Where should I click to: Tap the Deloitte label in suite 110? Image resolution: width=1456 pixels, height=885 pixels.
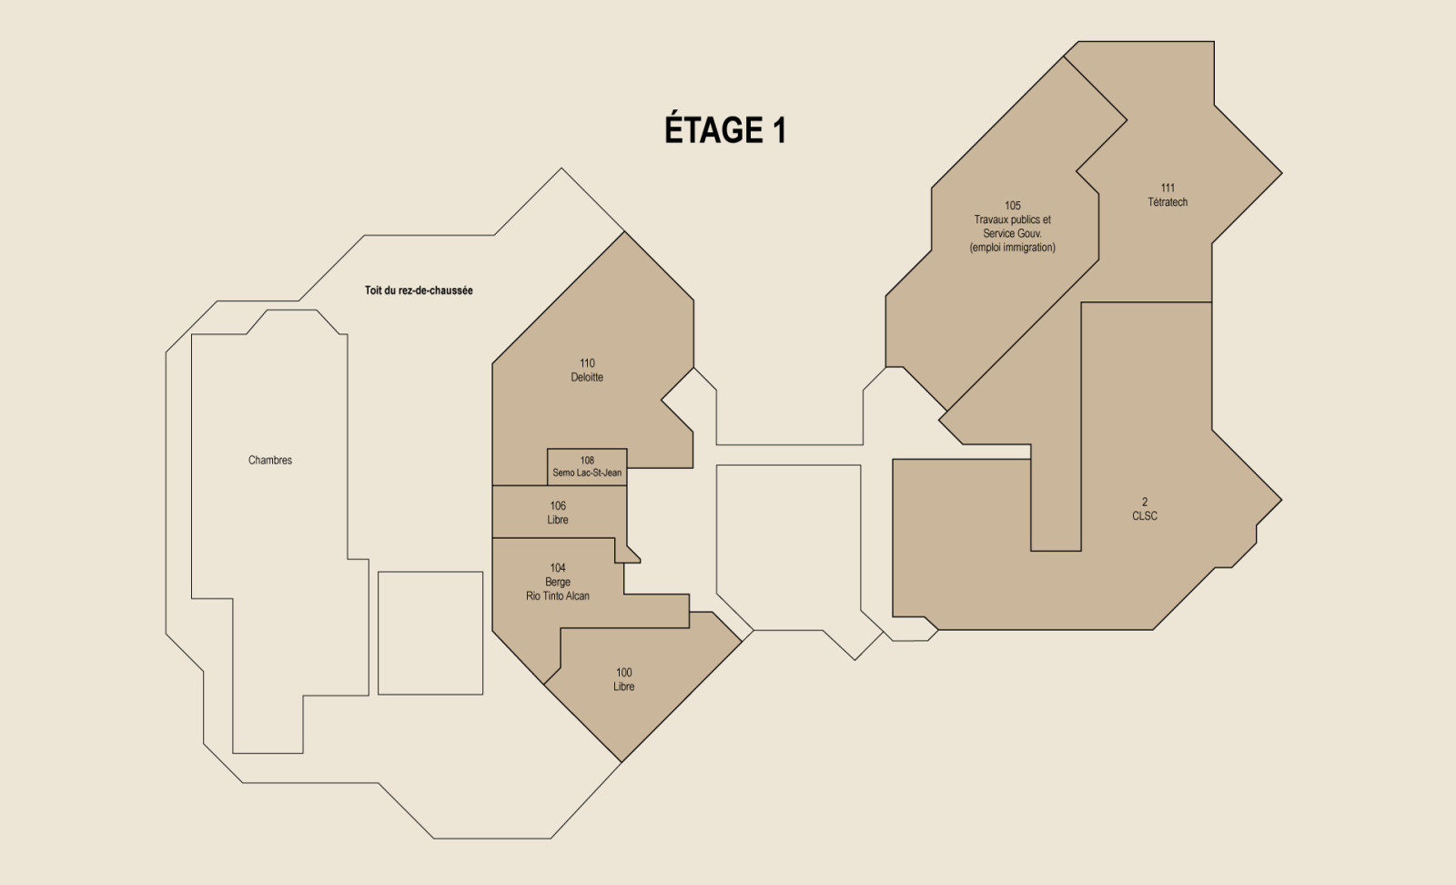pyautogui.click(x=587, y=377)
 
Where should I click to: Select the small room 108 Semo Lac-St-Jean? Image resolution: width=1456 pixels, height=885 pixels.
pyautogui.click(x=587, y=467)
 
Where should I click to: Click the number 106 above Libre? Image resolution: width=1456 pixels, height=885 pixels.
pyautogui.click(x=558, y=505)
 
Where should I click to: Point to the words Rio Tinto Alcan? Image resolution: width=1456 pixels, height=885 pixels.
pyautogui.click(x=558, y=595)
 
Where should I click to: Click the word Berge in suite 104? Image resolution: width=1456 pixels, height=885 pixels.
pyautogui.click(x=558, y=582)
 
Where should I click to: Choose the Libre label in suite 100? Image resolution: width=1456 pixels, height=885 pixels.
pyautogui.click(x=624, y=687)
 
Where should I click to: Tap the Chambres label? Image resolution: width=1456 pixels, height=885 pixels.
pyautogui.click(x=270, y=460)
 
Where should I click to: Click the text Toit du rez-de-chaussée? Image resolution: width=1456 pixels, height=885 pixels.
pyautogui.click(x=419, y=290)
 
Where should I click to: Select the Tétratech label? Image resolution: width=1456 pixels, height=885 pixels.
pyautogui.click(x=1168, y=202)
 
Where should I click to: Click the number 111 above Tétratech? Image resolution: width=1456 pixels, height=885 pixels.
pyautogui.click(x=1168, y=188)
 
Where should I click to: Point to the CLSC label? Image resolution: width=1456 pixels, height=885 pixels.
pyautogui.click(x=1145, y=515)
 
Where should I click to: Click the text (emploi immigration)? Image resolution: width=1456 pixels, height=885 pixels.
pyautogui.click(x=1013, y=247)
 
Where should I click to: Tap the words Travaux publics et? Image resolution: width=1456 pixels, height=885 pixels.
pyautogui.click(x=1013, y=219)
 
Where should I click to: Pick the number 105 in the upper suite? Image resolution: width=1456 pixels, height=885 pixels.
pyautogui.click(x=1013, y=206)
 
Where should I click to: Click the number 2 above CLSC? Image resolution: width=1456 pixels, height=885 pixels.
pyautogui.click(x=1145, y=502)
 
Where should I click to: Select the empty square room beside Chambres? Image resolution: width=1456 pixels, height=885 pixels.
pyautogui.click(x=430, y=633)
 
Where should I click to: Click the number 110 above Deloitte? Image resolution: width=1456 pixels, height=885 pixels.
pyautogui.click(x=587, y=363)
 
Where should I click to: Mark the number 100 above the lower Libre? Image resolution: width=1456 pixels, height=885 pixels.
pyautogui.click(x=624, y=672)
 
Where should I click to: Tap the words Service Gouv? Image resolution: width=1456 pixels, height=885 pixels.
pyautogui.click(x=1013, y=233)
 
